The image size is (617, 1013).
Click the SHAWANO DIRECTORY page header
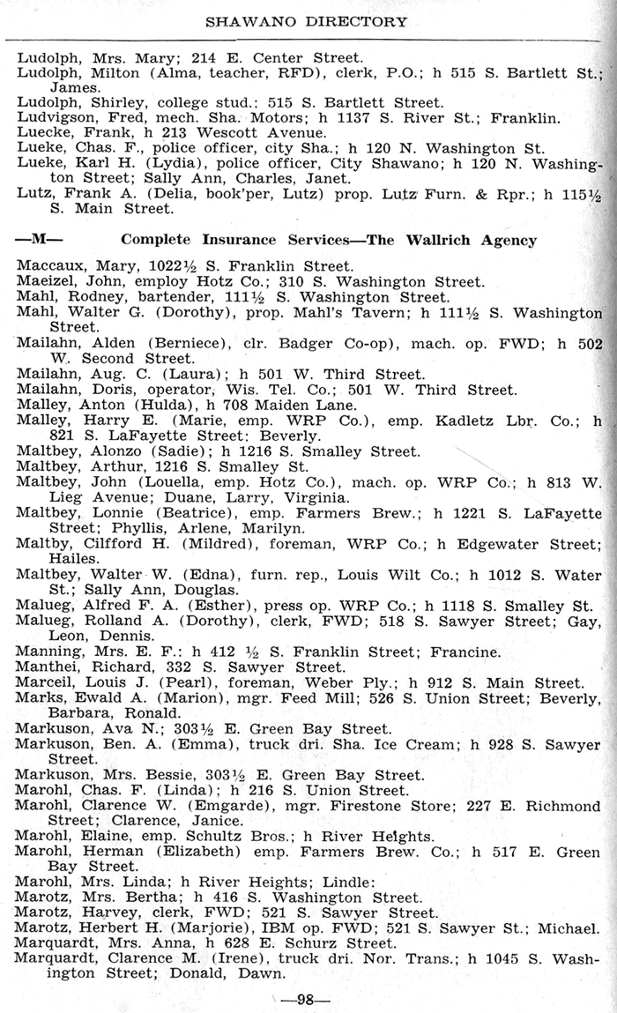(x=307, y=21)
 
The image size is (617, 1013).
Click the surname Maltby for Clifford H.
(x=41, y=544)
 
